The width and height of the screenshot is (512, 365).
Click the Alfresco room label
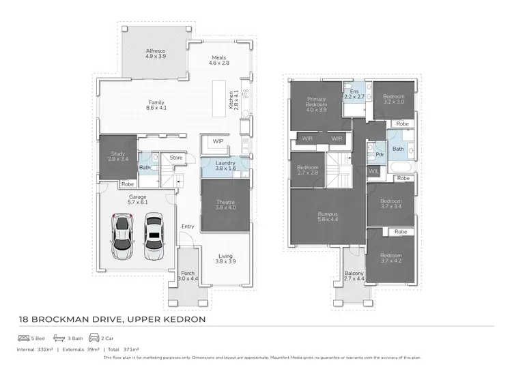tap(156, 54)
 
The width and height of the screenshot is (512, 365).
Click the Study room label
tap(118, 156)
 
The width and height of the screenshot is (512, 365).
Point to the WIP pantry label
tap(218, 141)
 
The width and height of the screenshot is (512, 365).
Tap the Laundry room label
tap(225, 165)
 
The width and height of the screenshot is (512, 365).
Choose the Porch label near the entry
tap(187, 276)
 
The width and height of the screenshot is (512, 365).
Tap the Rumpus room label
tap(328, 217)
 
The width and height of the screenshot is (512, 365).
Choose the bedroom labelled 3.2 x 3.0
tap(393, 100)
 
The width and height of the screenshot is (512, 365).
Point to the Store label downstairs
tap(176, 158)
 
